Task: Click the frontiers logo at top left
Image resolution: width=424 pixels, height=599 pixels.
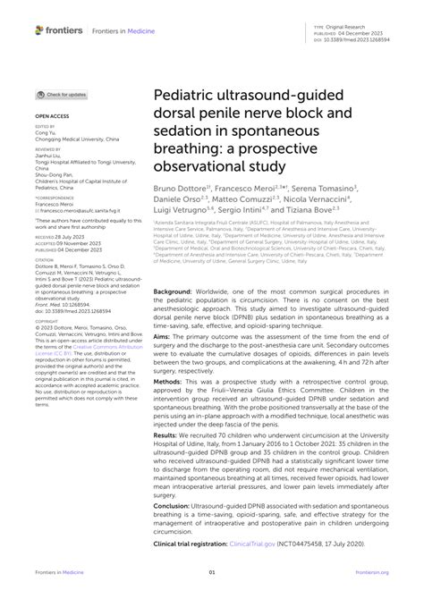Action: (59, 30)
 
